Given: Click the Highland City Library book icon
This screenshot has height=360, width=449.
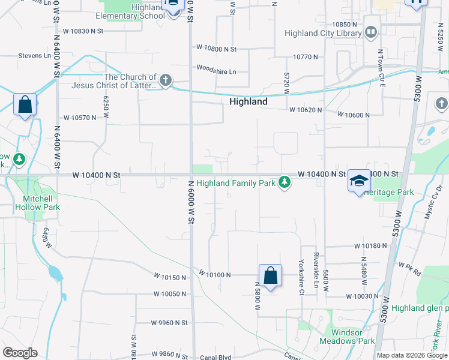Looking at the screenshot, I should pyautogui.click(x=371, y=31).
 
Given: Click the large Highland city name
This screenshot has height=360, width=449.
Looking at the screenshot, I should pyautogui.click(x=249, y=101).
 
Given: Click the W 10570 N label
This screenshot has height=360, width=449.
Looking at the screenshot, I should pyautogui.click(x=77, y=118).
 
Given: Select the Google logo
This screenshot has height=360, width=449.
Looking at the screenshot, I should pyautogui.click(x=20, y=353).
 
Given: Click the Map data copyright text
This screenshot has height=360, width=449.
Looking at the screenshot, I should pyautogui.click(x=412, y=355).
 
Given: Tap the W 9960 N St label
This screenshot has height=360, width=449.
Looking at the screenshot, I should pyautogui.click(x=170, y=323).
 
